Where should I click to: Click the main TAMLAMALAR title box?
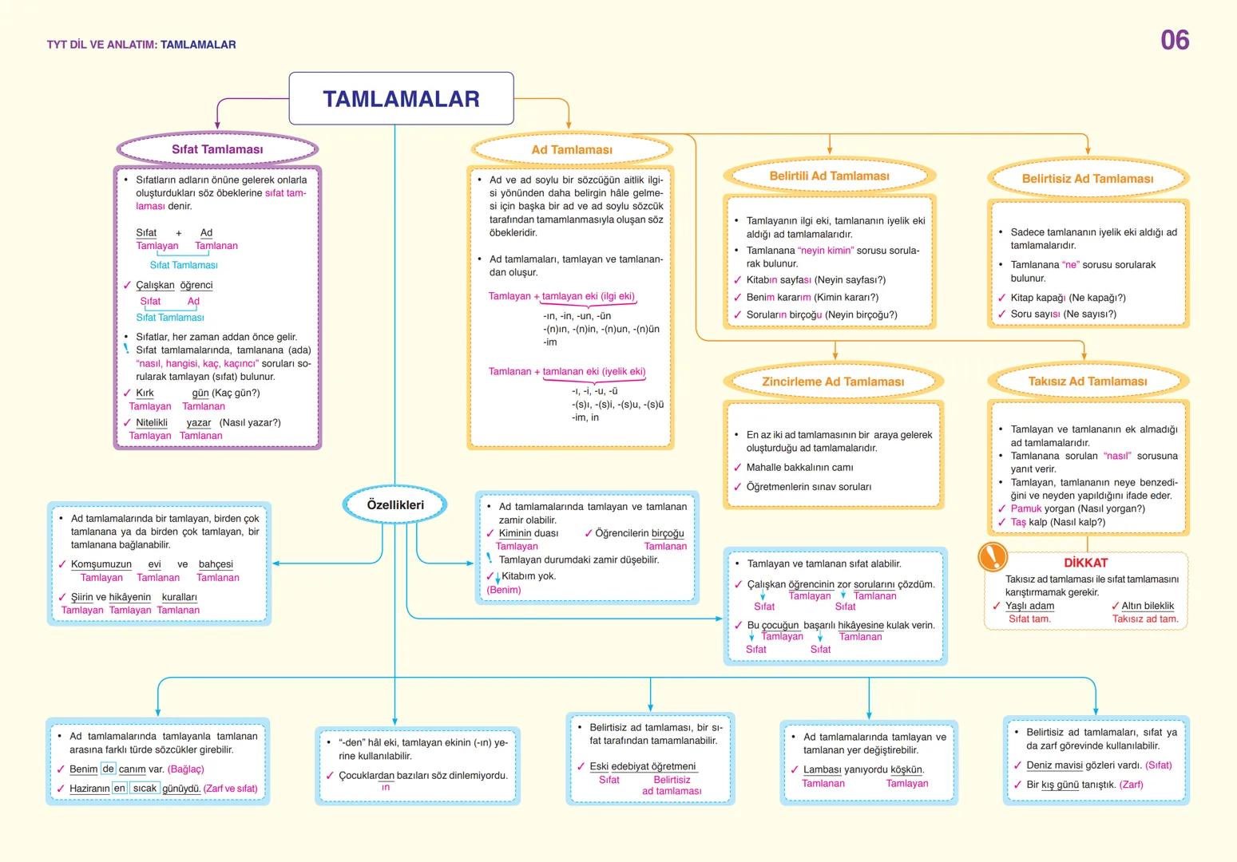click(x=401, y=99)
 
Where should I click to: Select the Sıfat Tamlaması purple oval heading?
click(x=217, y=149)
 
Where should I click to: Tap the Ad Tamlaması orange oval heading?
click(x=572, y=150)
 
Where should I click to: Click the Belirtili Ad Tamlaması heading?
click(x=829, y=176)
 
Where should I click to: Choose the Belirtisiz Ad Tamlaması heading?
click(x=1088, y=179)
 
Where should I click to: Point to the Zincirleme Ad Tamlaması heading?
click(x=833, y=382)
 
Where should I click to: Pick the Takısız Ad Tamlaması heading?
click(x=1088, y=382)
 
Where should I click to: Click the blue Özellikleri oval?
click(x=395, y=504)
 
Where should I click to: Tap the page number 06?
click(x=1175, y=41)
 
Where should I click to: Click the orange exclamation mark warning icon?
click(x=993, y=556)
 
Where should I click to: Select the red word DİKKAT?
click(x=1085, y=563)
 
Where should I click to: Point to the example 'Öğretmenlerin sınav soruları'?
click(x=808, y=487)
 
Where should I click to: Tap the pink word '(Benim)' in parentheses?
click(x=504, y=591)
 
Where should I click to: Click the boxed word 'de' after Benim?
click(x=109, y=769)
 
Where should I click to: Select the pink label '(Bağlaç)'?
click(x=185, y=769)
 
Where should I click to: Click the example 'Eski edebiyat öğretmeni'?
click(x=643, y=766)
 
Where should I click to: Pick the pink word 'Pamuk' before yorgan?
click(x=1026, y=509)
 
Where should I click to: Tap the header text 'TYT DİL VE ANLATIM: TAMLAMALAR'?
click(x=141, y=45)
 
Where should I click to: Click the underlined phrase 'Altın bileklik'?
click(x=1148, y=606)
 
